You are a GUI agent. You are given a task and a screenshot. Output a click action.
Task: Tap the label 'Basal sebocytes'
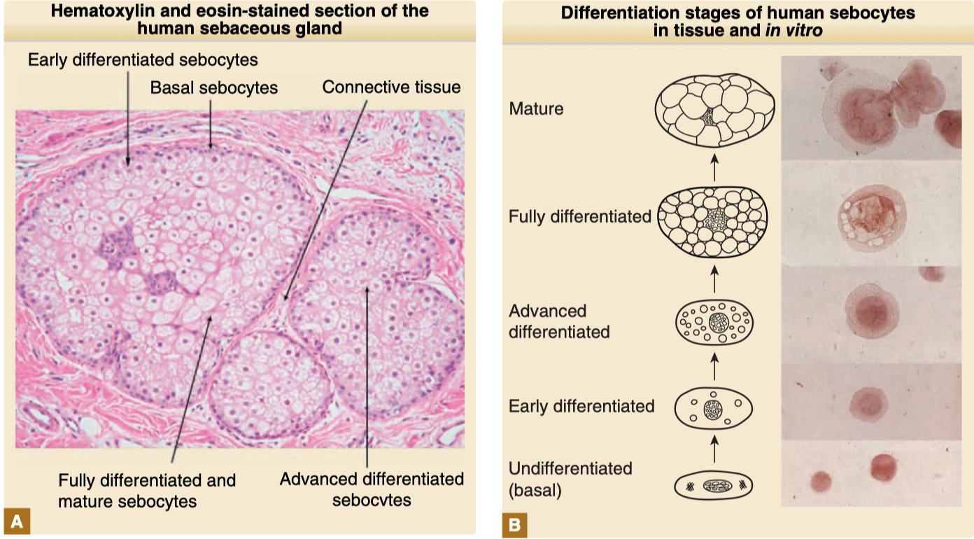point(214,87)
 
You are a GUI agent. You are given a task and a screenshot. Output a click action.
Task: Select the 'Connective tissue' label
point(391,87)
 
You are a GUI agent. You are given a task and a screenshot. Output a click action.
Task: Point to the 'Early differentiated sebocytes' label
point(143,59)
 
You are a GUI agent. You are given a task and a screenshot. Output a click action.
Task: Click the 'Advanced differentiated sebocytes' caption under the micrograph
point(372,489)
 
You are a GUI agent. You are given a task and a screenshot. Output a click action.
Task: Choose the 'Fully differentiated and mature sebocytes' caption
point(147,491)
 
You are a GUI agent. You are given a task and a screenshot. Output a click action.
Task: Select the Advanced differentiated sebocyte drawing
point(714,322)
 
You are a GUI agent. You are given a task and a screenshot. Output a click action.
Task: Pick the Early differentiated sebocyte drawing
point(714,408)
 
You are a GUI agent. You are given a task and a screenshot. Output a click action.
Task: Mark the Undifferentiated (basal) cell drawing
point(714,484)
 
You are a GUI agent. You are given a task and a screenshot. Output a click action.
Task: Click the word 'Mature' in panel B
point(536,108)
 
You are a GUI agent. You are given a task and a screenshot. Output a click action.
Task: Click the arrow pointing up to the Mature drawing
point(714,168)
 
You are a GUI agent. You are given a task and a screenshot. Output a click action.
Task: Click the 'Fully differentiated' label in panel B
point(580,216)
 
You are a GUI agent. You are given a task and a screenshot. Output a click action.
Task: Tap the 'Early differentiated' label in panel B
point(581,406)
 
